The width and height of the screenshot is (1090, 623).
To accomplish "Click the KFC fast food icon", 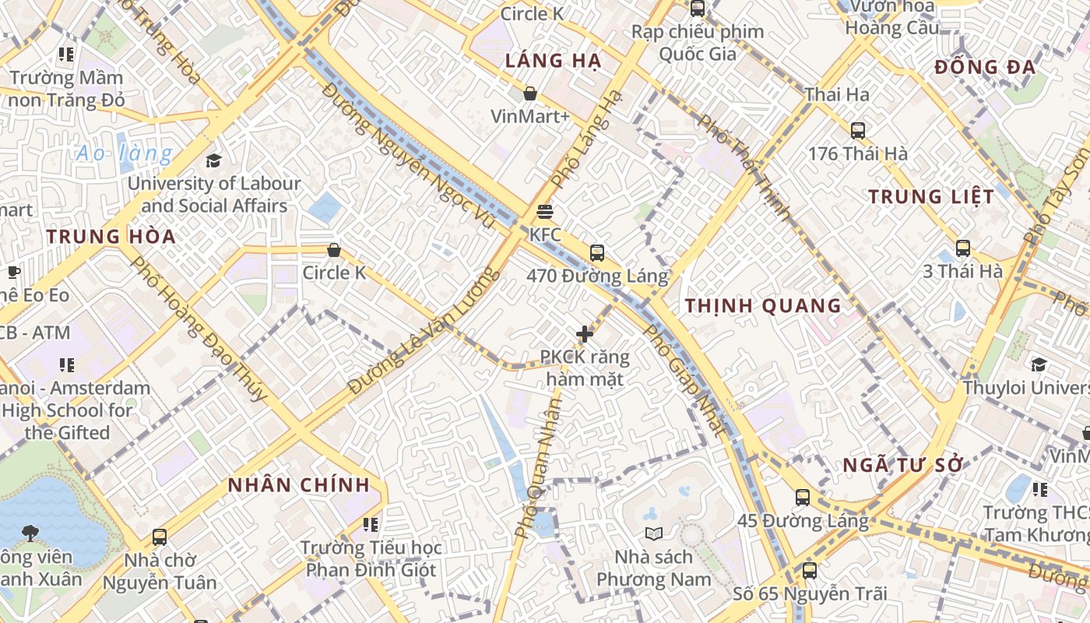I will click(x=544, y=212).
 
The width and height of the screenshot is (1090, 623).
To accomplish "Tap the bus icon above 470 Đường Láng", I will click(x=597, y=253).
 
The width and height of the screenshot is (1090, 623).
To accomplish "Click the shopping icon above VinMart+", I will click(x=530, y=94).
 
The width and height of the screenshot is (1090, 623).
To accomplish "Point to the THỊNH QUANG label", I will click(x=763, y=306).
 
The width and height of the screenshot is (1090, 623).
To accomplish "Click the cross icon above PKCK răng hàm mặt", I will click(x=585, y=335).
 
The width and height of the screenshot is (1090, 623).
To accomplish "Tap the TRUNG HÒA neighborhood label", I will click(x=111, y=237).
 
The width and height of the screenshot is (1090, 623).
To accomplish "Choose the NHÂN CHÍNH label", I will click(x=299, y=485).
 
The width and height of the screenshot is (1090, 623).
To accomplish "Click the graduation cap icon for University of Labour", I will click(x=213, y=161).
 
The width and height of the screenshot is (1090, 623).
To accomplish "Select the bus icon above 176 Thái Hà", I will click(x=858, y=131).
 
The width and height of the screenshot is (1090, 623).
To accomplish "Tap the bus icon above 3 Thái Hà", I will click(x=963, y=248).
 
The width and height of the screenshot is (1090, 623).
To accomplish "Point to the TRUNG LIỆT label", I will click(x=931, y=197).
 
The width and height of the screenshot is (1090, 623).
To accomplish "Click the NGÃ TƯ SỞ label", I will click(x=903, y=466).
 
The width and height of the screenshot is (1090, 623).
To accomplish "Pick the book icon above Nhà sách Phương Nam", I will click(x=654, y=534).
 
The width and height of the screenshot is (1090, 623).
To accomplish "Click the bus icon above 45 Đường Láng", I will click(x=803, y=498).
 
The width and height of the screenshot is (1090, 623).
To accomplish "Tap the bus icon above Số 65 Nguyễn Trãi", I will click(x=810, y=571).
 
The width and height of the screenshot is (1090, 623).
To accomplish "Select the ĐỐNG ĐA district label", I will click(x=985, y=68).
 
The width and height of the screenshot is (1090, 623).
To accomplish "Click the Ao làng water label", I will click(x=124, y=153).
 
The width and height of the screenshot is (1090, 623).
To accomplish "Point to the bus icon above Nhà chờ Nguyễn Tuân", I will click(x=160, y=537).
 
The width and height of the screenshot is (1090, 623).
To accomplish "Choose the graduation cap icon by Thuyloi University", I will click(x=1039, y=364).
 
